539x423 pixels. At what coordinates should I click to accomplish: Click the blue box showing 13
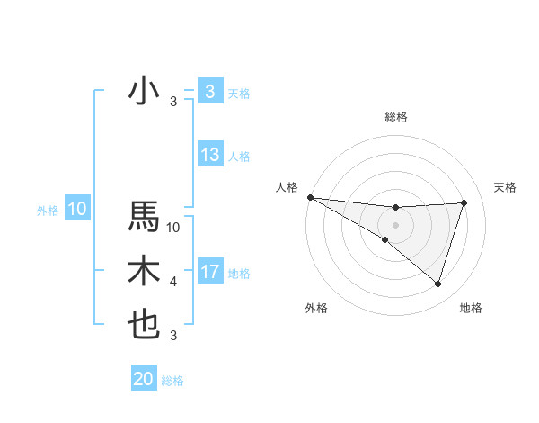(210, 155)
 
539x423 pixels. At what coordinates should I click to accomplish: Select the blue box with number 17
(210, 272)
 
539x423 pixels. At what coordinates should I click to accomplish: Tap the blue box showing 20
(144, 379)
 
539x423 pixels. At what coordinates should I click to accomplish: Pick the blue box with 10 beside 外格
(76, 210)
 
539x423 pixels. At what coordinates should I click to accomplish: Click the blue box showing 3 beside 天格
(209, 92)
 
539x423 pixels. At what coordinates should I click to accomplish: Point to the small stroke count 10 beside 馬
(174, 227)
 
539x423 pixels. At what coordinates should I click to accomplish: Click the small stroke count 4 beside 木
(173, 282)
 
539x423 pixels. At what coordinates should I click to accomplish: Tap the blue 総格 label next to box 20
(172, 381)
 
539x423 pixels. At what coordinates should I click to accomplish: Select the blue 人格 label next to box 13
(239, 157)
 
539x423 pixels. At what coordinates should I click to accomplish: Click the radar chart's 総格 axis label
(395, 117)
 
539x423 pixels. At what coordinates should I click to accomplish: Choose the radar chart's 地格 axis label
(471, 308)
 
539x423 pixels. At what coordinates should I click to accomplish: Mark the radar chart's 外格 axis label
(316, 308)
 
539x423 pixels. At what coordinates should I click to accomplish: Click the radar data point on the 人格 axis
(310, 197)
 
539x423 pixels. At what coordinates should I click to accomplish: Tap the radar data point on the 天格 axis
(464, 202)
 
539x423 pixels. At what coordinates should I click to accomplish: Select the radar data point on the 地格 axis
(437, 283)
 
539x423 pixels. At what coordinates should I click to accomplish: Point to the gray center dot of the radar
(395, 224)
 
